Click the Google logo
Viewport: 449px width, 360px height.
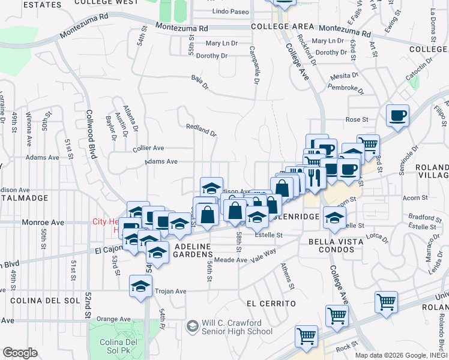(20, 353)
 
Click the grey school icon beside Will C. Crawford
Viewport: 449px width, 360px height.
(193, 327)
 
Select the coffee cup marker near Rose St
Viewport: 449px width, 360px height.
(397, 115)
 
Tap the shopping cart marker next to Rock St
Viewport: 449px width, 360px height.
(306, 336)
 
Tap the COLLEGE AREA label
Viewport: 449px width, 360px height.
(282, 27)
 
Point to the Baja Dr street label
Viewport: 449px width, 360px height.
(200, 81)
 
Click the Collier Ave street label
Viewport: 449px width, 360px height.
(148, 148)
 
